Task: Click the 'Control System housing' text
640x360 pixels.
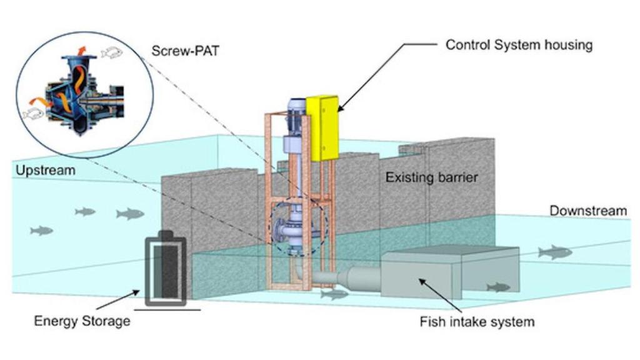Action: coord(518,45)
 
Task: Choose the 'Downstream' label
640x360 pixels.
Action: coord(587,211)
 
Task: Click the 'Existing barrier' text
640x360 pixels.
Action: coord(431,177)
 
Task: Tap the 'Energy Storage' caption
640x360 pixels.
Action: coord(82,321)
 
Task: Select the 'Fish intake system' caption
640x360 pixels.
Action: coord(477,322)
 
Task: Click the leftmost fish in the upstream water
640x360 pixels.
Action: coord(41,231)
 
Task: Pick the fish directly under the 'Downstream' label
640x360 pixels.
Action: coord(554,252)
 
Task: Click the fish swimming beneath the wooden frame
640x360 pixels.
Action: coord(334,293)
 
